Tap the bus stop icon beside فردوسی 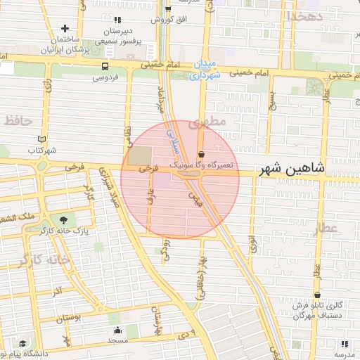tap(105, 66)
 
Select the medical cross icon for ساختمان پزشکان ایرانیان tap(65, 29)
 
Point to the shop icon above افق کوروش tap(167, 9)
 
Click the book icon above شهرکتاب tap(41, 139)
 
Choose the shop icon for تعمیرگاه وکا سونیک tap(202, 154)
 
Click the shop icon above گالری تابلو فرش tap(318, 295)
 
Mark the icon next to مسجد tap(117, 330)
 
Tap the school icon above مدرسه tap(345, 343)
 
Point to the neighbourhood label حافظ tap(18, 121)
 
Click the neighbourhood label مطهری tap(212, 122)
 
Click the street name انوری tap(252, 244)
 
